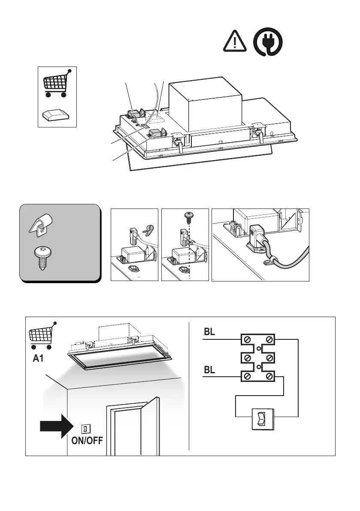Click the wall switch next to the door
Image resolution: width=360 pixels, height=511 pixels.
pyautogui.click(x=85, y=429)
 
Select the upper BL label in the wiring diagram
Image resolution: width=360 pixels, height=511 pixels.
pyautogui.click(x=210, y=332)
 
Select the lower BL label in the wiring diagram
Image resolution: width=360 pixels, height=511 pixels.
pyautogui.click(x=210, y=370)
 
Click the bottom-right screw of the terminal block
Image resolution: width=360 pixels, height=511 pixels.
pyautogui.click(x=269, y=377)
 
